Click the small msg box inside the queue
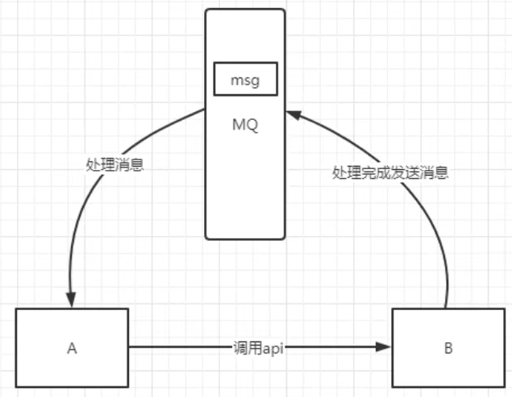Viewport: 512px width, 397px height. click(x=245, y=81)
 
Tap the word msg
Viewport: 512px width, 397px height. click(x=245, y=81)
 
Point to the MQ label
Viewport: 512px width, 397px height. click(x=244, y=126)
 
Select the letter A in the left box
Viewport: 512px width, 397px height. click(x=72, y=349)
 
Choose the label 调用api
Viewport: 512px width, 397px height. click(x=257, y=348)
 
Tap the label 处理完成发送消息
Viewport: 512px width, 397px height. click(x=390, y=172)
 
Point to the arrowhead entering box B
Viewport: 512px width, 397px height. click(x=385, y=348)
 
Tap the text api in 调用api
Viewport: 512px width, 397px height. click(x=271, y=348)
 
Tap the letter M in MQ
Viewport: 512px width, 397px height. click(x=238, y=126)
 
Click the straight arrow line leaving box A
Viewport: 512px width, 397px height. click(x=177, y=348)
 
